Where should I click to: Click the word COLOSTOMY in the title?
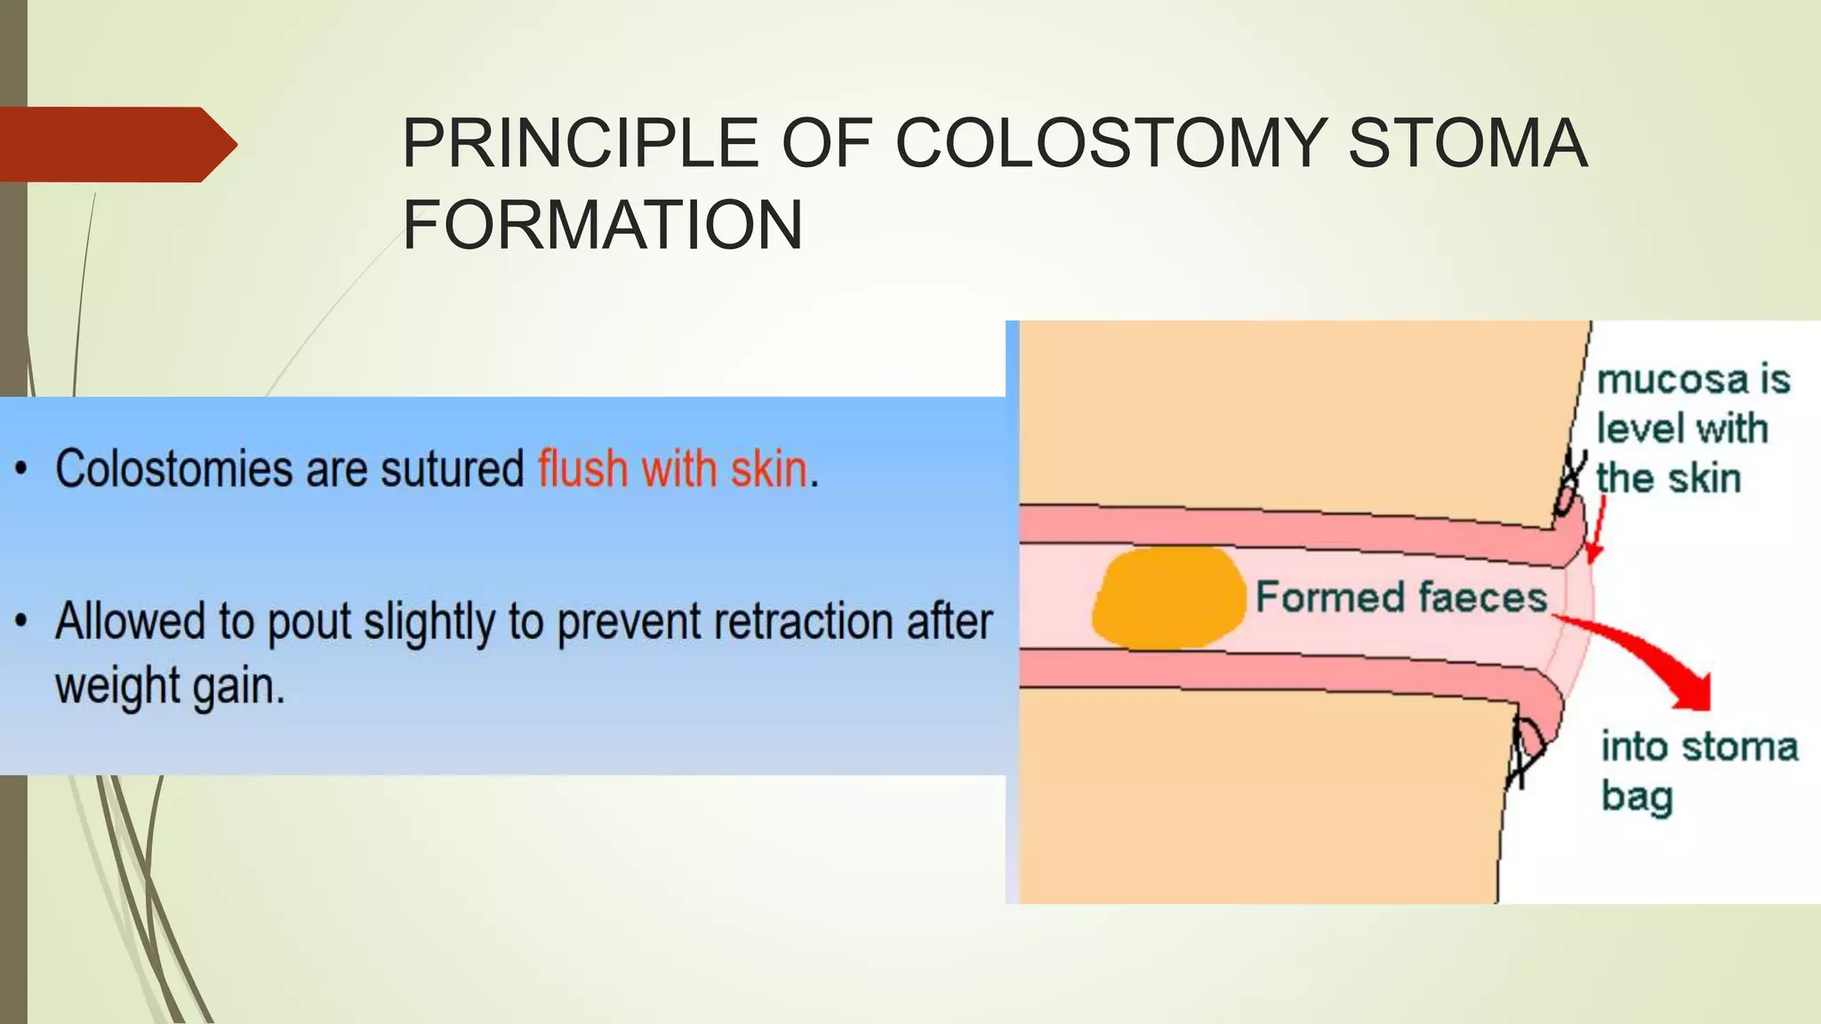pyautogui.click(x=1111, y=143)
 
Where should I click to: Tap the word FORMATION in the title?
pyautogui.click(x=603, y=225)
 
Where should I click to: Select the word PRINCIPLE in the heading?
pyautogui.click(x=581, y=143)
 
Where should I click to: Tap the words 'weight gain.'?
pyautogui.click(x=170, y=686)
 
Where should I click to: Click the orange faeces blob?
pyautogui.click(x=1167, y=596)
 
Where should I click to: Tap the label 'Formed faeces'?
pyautogui.click(x=1401, y=596)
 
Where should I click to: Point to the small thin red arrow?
pyautogui.click(x=1597, y=530)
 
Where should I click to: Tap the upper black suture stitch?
pyautogui.click(x=1570, y=484)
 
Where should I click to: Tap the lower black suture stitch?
pyautogui.click(x=1526, y=751)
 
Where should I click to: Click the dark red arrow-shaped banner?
pyautogui.click(x=116, y=144)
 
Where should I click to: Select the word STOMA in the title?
pyautogui.click(x=1467, y=143)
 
